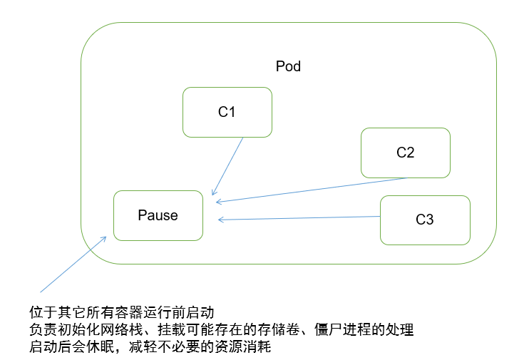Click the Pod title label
[288, 66]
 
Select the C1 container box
[227, 112]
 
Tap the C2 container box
[405, 153]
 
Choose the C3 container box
[424, 220]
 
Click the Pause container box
[158, 215]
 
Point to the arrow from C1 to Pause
[228, 165]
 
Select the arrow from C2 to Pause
[314, 190]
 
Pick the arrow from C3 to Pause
[299, 218]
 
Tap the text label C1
[227, 112]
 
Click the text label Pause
[158, 215]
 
